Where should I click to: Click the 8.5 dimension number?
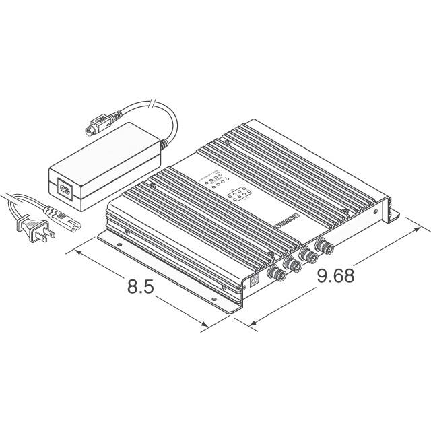pyautogui.click(x=141, y=286)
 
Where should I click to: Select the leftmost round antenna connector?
pyautogui.click(x=277, y=274)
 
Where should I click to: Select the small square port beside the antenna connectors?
pyautogui.click(x=254, y=283)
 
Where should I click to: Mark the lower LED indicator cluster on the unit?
pyautogui.click(x=240, y=196)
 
